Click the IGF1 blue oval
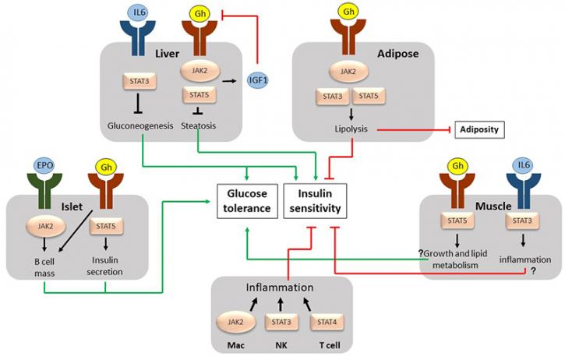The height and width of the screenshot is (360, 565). (258, 80)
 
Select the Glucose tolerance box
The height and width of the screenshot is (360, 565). (247, 201)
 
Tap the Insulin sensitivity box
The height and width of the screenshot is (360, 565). (316, 201)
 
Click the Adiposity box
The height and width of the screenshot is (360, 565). (479, 129)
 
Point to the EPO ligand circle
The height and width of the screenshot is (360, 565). (44, 166)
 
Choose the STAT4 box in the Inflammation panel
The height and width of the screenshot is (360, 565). (327, 322)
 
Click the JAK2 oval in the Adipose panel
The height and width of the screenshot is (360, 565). (348, 72)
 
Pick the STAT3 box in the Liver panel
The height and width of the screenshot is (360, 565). (139, 81)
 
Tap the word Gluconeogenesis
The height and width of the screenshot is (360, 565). (140, 125)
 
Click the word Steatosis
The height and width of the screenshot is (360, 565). (199, 125)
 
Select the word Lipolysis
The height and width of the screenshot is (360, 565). (351, 129)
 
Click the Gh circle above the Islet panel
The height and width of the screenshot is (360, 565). (106, 167)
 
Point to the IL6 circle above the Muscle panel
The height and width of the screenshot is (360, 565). (524, 165)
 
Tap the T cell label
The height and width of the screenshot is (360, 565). (330, 346)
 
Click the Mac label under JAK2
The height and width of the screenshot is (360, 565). (235, 346)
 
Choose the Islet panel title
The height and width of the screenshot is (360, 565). (72, 206)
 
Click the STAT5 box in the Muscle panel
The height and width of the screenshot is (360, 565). (457, 221)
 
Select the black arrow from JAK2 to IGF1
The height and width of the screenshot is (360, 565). (230, 81)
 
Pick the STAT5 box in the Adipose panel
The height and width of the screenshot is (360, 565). (369, 96)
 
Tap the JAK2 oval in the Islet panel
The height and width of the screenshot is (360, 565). (46, 227)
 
